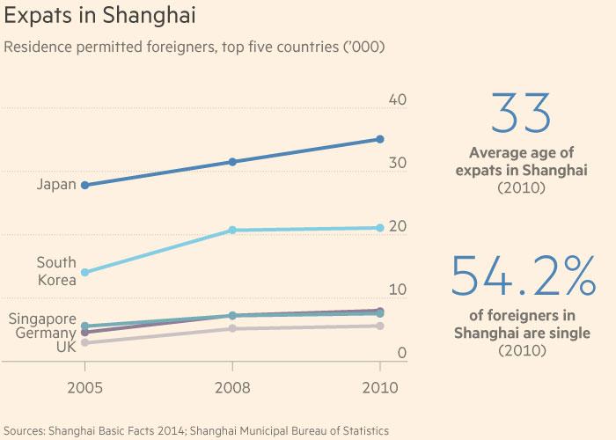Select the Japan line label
click(57, 185)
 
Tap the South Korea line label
click(56, 271)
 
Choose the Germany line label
click(46, 333)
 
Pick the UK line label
click(67, 347)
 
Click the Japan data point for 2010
click(380, 139)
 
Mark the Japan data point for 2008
click(232, 162)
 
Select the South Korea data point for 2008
click(232, 231)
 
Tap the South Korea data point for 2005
click(84, 273)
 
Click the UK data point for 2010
click(380, 326)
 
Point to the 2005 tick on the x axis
click(84, 388)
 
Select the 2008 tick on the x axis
click(232, 388)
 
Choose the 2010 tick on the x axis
click(380, 388)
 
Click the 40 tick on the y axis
click(397, 100)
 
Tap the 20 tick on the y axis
click(397, 226)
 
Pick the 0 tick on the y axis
click(401, 353)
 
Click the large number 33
click(521, 114)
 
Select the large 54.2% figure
click(521, 275)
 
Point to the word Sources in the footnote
click(26, 430)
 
